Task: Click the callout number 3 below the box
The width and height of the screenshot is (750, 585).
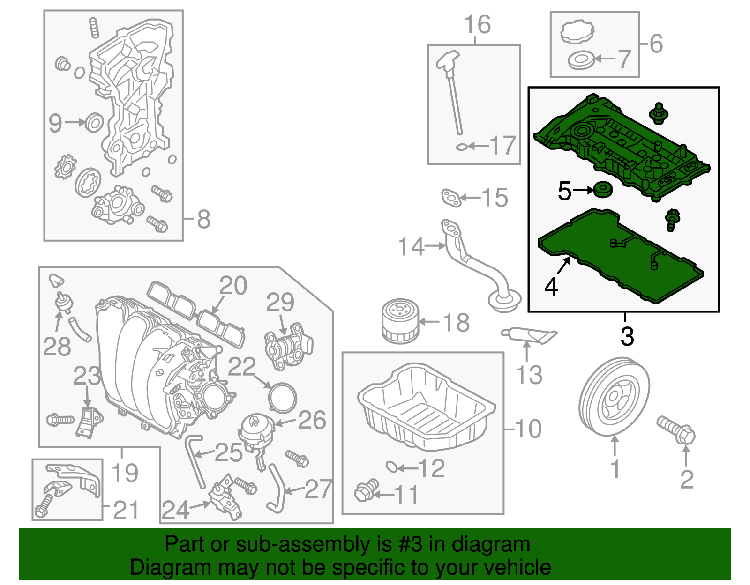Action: pos(627,336)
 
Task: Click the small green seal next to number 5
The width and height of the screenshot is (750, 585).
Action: pos(603,189)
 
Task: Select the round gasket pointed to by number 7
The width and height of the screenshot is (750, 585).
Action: pos(581,60)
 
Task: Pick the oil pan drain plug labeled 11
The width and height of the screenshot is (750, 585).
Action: pos(366,491)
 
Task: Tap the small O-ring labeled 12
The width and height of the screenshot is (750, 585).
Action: pos(392,467)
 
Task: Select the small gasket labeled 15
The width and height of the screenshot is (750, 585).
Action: pos(451,197)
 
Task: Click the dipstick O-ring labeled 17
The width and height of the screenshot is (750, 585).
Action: pos(461,147)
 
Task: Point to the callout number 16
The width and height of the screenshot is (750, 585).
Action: pos(477,25)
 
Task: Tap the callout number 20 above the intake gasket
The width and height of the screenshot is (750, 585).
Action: pos(233,286)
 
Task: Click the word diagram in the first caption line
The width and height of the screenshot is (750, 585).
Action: pos(501,545)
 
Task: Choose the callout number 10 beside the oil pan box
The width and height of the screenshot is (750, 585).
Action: pos(528,429)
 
